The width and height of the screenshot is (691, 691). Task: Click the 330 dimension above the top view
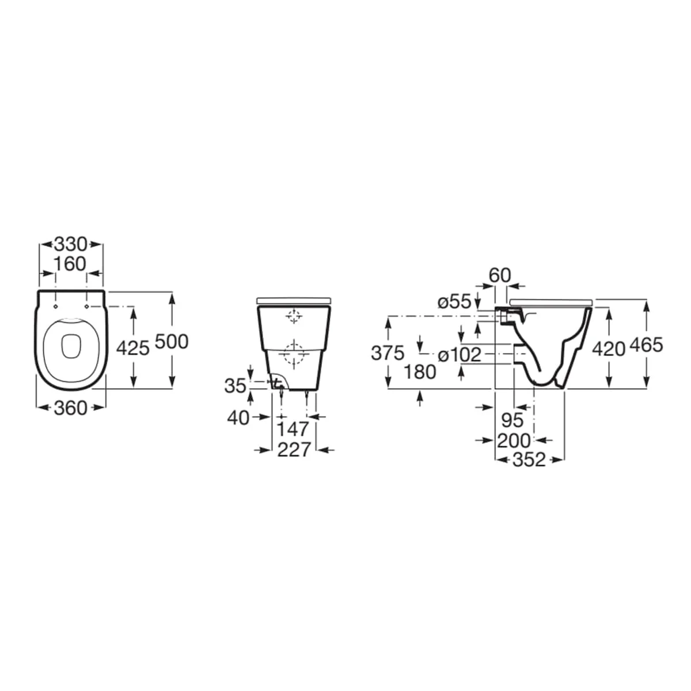pyautogui.click(x=71, y=245)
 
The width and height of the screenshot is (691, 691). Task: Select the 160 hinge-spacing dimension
pyautogui.click(x=71, y=264)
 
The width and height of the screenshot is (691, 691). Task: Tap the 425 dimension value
pyautogui.click(x=133, y=348)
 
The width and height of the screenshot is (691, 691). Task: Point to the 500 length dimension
pyautogui.click(x=172, y=341)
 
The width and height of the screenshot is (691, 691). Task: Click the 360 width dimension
pyautogui.click(x=71, y=408)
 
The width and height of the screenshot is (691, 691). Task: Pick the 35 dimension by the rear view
pyautogui.click(x=236, y=386)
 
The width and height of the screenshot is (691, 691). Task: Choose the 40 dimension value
pyautogui.click(x=238, y=418)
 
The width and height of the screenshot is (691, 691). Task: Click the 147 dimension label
pyautogui.click(x=293, y=429)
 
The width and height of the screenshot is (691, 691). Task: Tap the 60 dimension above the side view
pyautogui.click(x=500, y=276)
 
